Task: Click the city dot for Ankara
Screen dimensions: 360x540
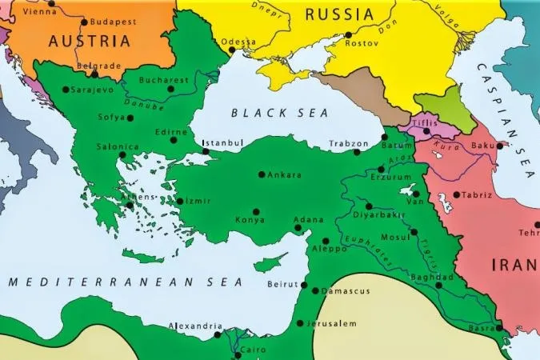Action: pos(262,174)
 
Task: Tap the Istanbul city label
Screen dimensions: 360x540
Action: pos(223,143)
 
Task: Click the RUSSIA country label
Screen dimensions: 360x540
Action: pos(338,14)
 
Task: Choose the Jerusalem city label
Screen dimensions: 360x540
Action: pos(330,323)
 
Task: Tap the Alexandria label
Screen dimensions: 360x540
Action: pos(194,326)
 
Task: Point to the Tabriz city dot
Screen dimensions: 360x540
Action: pos(456,194)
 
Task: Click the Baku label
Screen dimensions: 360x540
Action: pos(483,145)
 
